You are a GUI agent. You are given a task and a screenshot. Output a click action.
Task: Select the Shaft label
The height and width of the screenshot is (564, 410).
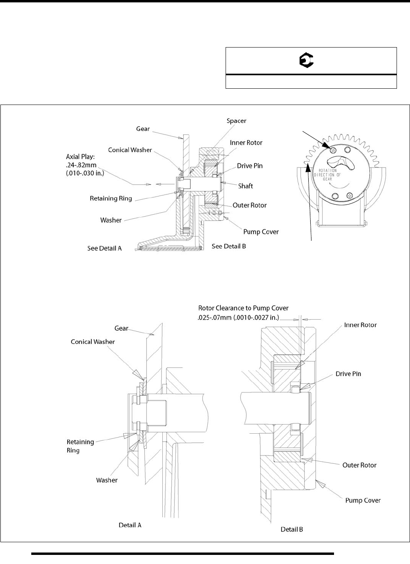245,186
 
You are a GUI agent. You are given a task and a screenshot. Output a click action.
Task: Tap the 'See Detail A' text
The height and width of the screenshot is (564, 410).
104,248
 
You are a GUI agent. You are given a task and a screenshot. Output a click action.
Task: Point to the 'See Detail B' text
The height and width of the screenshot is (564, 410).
229,246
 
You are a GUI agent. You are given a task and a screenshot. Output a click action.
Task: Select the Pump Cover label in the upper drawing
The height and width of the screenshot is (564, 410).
261,232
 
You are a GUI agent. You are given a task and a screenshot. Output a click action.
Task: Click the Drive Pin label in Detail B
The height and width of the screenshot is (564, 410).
348,373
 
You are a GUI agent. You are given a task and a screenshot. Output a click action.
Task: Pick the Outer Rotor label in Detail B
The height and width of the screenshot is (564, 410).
359,465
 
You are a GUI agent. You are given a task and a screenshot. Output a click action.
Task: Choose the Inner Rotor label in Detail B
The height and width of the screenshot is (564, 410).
360,325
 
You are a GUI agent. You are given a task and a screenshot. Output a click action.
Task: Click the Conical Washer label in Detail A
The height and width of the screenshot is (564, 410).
93,341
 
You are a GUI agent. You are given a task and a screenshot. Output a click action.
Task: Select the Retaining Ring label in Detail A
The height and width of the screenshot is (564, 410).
80,446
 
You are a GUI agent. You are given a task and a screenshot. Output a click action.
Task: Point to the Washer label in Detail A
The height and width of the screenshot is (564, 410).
107,480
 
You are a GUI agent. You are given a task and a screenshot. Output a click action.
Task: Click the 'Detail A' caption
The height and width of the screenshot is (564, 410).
130,525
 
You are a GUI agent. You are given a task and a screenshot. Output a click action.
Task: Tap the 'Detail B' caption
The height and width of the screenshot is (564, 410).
292,529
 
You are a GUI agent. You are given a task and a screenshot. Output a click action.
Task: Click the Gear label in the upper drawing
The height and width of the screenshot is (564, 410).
142,129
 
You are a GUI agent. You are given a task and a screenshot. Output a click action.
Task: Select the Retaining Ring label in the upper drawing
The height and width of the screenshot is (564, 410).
111,198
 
